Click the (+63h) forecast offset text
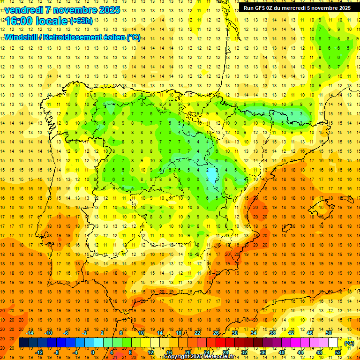pyautogui.click(x=81, y=21)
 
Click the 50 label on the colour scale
pyautogui.click(x=329, y=333)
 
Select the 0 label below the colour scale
pyautogui.click(x=92, y=352)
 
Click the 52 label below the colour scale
pyautogui.click(x=338, y=352)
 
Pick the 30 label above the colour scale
pyautogui.click(x=235, y=333)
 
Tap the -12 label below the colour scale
pyautogui.click(x=39, y=352)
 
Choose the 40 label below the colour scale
pyautogui.click(x=282, y=352)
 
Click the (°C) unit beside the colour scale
pyautogui.click(x=349, y=343)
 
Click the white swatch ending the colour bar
pyautogui.click(x=333, y=343)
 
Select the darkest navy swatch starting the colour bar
pyautogui.click(x=23, y=343)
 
